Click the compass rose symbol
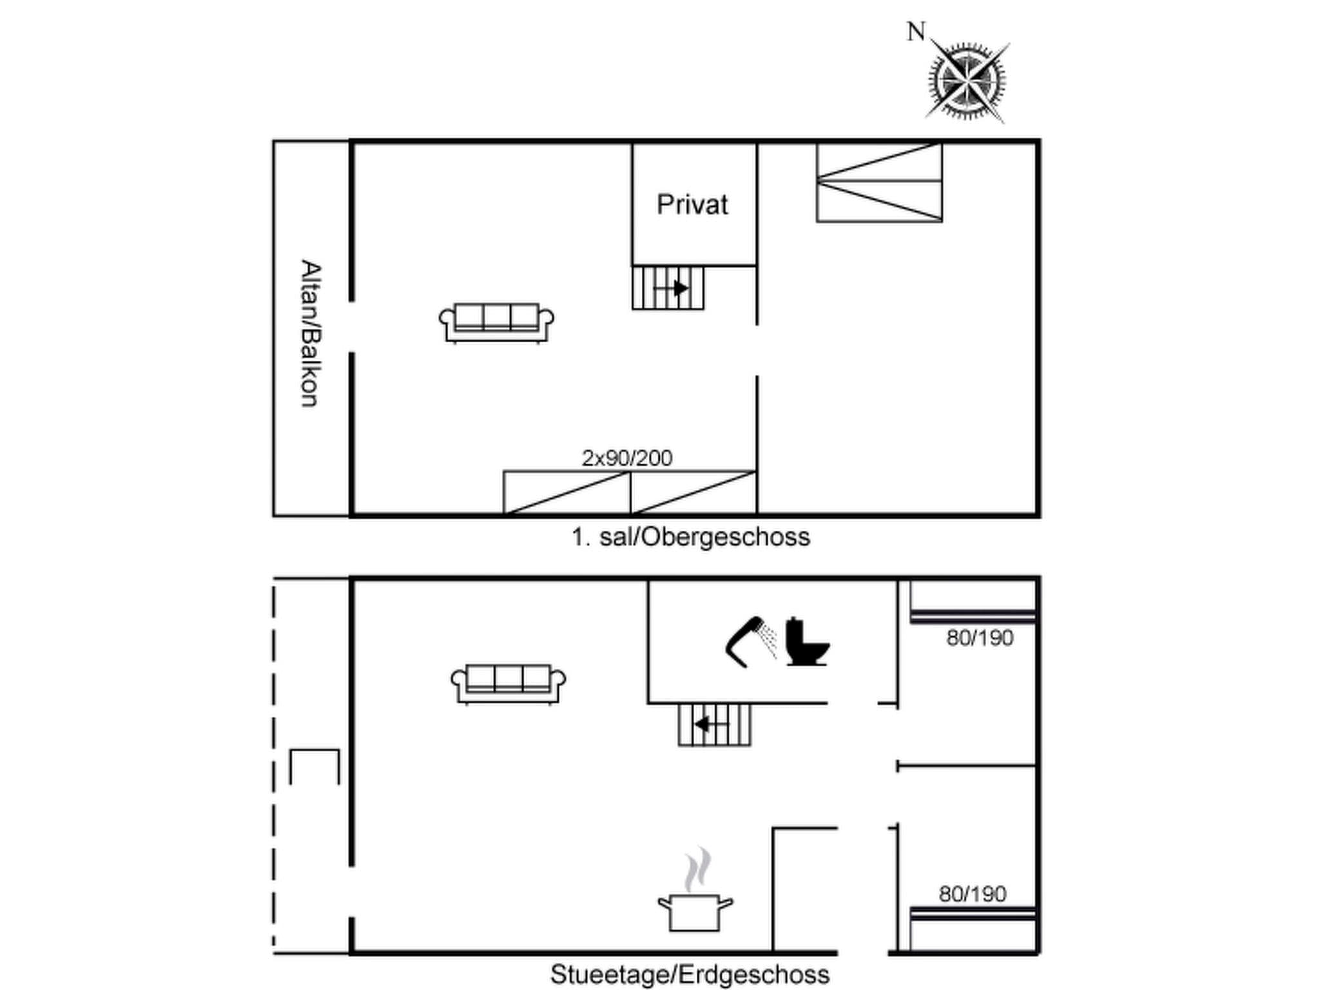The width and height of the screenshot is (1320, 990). (x=967, y=82)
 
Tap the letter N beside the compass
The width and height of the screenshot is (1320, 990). (x=916, y=32)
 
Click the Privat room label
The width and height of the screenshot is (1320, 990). (x=692, y=205)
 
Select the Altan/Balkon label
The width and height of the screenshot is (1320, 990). (x=311, y=333)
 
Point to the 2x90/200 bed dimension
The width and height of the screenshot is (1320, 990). (x=626, y=458)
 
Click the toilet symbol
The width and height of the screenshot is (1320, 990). (x=806, y=643)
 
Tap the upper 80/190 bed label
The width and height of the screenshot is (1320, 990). (x=979, y=638)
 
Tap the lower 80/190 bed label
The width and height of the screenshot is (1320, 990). (x=972, y=894)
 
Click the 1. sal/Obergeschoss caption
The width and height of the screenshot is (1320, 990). (x=690, y=537)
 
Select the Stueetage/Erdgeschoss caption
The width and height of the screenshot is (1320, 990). (x=690, y=974)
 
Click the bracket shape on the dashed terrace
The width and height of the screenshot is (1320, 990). (x=314, y=766)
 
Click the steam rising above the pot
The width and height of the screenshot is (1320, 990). (x=698, y=869)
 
